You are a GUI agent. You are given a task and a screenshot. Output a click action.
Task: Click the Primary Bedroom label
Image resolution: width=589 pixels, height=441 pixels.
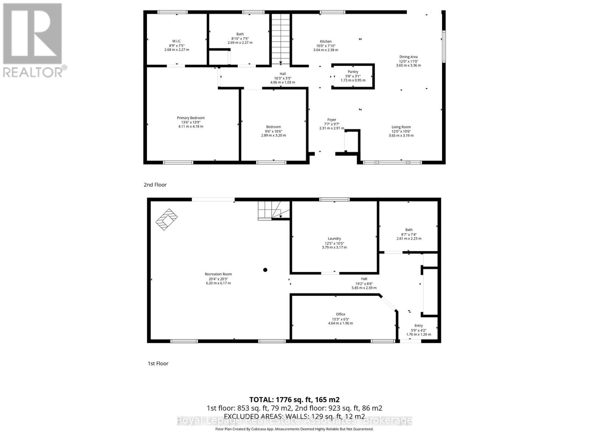[x=190, y=118]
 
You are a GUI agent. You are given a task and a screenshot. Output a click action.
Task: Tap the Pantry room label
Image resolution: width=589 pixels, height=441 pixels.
[x=353, y=72]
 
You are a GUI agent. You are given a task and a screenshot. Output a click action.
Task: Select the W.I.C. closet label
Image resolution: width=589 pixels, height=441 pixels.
[x=177, y=41]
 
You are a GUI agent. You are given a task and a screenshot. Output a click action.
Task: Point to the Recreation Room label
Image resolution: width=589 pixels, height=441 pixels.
[x=218, y=274]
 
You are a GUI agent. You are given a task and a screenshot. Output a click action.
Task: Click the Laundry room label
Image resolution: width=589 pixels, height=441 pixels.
[x=334, y=239]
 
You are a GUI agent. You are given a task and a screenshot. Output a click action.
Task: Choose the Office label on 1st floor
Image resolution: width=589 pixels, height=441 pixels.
[x=341, y=314]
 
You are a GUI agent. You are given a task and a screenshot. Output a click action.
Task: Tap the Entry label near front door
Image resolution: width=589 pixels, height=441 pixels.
[x=419, y=326]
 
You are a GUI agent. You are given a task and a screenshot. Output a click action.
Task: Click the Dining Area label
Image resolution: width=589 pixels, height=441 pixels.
[x=408, y=57]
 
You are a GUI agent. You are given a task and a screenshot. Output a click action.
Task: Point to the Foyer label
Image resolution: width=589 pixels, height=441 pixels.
[x=332, y=120]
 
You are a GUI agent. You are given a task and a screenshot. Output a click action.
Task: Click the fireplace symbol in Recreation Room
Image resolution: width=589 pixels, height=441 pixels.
[x=167, y=219]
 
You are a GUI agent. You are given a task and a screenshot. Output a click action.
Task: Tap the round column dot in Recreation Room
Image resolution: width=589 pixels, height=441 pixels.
[x=265, y=270]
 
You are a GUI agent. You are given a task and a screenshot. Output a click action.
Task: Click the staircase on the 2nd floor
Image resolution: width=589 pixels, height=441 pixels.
[x=281, y=39]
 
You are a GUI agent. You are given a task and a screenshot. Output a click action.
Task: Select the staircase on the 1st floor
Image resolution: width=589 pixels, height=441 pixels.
[x=273, y=211]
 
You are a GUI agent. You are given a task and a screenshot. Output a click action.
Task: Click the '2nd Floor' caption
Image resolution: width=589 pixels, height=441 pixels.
[x=155, y=185]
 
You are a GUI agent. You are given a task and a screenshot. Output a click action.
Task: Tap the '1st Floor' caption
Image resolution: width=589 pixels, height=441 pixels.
[x=158, y=363]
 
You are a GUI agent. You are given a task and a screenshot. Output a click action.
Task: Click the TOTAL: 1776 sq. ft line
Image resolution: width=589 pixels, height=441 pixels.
[x=294, y=399]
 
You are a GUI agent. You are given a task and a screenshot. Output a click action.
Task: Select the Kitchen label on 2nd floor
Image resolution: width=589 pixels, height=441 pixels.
[x=325, y=42]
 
